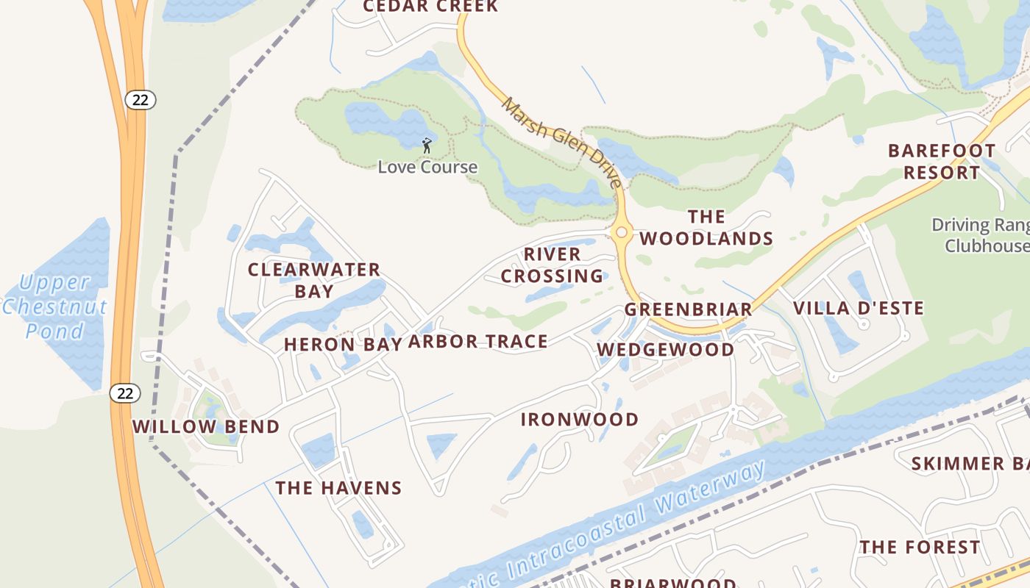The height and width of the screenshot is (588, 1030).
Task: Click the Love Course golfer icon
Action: [427, 146]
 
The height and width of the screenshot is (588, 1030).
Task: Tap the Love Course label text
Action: [427, 168]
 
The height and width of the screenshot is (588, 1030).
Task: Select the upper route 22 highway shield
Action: [140, 100]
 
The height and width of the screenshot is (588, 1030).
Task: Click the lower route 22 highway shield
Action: [125, 393]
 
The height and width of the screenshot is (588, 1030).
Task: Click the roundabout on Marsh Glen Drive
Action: [622, 232]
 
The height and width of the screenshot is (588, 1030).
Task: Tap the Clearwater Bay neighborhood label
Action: [314, 280]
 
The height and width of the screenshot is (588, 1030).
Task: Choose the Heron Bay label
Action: [343, 344]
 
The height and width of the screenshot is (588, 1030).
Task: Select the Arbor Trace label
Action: [478, 341]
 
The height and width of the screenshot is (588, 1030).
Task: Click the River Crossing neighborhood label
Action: [553, 265]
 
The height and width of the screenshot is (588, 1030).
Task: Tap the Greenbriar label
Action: [689, 309]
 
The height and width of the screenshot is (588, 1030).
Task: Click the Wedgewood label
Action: [665, 349]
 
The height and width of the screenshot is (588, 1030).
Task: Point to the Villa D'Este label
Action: [859, 308]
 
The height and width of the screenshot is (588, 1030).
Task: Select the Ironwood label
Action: [580, 420]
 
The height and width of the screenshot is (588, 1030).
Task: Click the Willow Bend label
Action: [206, 426]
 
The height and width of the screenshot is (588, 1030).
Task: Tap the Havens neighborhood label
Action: [338, 488]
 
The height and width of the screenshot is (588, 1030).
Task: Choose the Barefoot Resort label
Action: [942, 162]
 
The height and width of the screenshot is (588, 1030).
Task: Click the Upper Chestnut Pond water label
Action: [54, 306]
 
